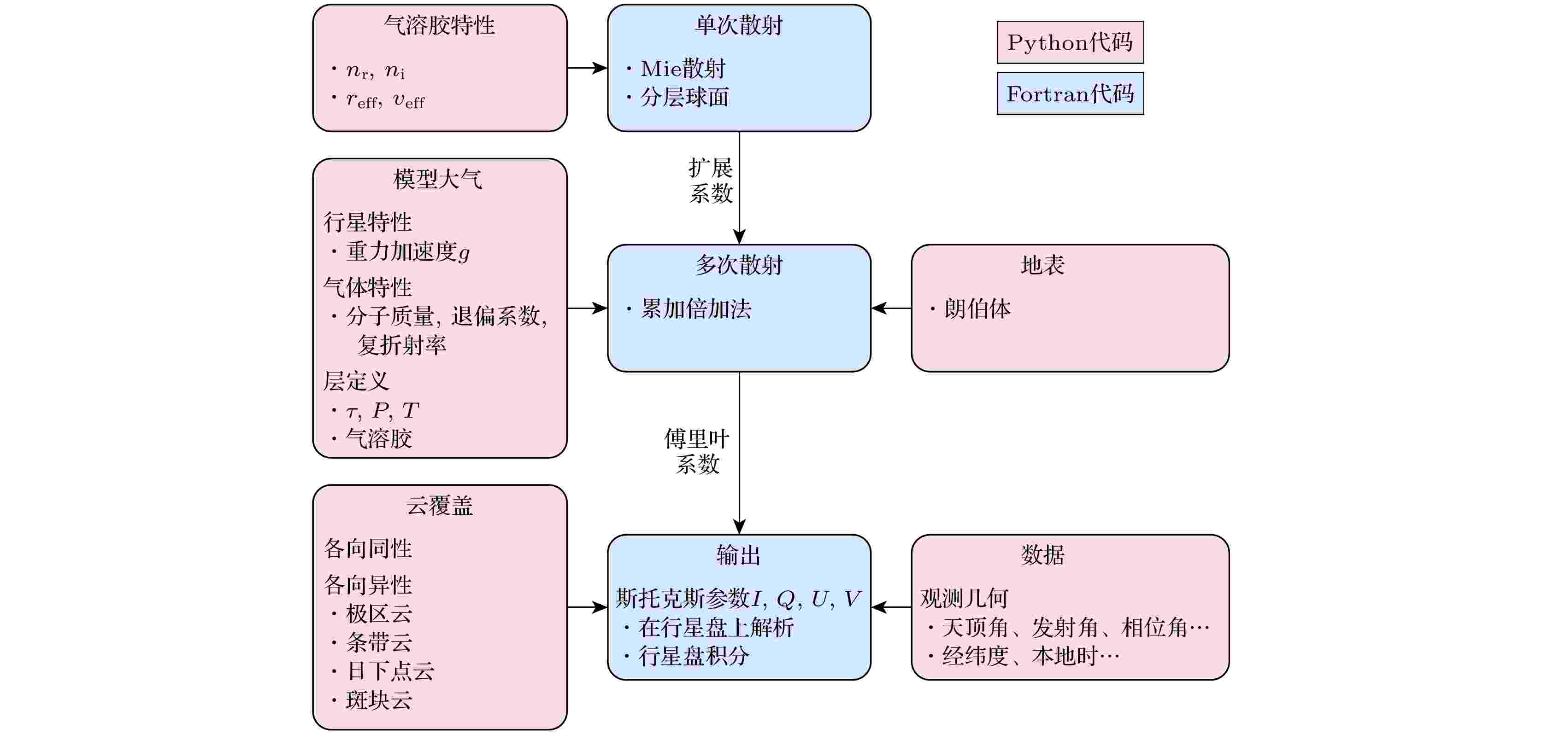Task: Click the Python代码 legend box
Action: [x=1070, y=42]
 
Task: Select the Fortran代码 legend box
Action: [x=1070, y=94]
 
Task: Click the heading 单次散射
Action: [x=739, y=26]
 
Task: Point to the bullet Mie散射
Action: [x=683, y=69]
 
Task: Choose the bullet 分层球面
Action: [x=684, y=97]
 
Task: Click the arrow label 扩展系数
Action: [x=711, y=181]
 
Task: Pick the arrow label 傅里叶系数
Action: [x=697, y=452]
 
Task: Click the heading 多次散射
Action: [x=739, y=265]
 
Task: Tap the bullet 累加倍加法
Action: [x=695, y=309]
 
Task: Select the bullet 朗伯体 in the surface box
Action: [x=977, y=309]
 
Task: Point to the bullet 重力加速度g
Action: [x=407, y=252]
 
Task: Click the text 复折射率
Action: [x=402, y=345]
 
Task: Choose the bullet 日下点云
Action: [x=390, y=671]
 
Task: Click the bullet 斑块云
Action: [x=379, y=700]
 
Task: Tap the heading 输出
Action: [x=739, y=555]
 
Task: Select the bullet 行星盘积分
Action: [x=693, y=656]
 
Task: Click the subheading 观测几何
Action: [x=964, y=598]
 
